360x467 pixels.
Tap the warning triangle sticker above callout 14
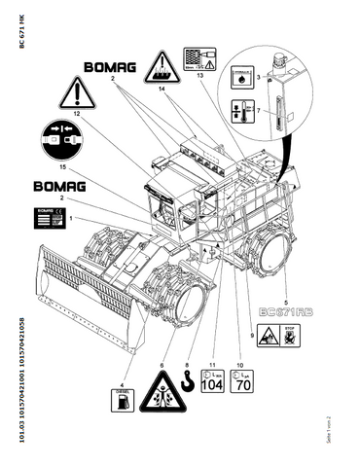click(x=161, y=67)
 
